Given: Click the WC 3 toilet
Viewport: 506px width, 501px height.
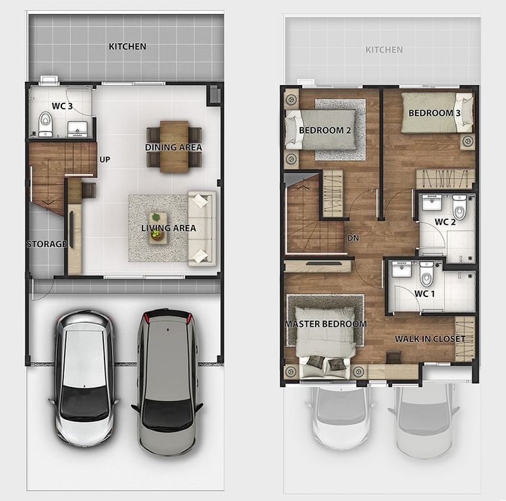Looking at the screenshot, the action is click(x=45, y=124).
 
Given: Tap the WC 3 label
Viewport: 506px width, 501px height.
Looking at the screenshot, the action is click(x=62, y=106).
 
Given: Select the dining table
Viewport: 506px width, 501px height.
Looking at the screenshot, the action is click(x=174, y=147).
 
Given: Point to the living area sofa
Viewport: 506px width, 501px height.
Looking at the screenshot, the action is click(x=202, y=228).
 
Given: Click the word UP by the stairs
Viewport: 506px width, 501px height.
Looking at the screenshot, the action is click(x=105, y=159).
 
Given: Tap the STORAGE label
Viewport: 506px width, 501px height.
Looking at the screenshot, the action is click(x=47, y=244).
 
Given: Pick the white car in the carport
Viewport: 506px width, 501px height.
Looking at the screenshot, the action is click(x=84, y=378).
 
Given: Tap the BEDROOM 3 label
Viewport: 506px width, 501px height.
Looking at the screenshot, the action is click(x=434, y=113).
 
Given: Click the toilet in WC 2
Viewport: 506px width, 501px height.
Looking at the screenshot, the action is click(x=459, y=207).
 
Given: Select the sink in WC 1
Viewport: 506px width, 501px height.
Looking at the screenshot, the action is click(x=401, y=269).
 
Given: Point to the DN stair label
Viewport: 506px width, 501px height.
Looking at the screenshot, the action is click(x=353, y=238).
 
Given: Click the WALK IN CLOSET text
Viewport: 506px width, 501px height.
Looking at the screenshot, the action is click(x=430, y=339).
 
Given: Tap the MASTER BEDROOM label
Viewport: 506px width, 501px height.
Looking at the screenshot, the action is click(x=326, y=323).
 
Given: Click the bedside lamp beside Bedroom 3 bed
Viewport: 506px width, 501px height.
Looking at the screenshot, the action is click(x=468, y=141).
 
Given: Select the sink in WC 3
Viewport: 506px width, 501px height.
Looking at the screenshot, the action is click(x=77, y=129).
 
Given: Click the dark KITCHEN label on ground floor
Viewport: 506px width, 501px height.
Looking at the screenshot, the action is click(x=128, y=47).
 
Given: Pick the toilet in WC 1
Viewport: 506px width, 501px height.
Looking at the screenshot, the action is click(x=426, y=275).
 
